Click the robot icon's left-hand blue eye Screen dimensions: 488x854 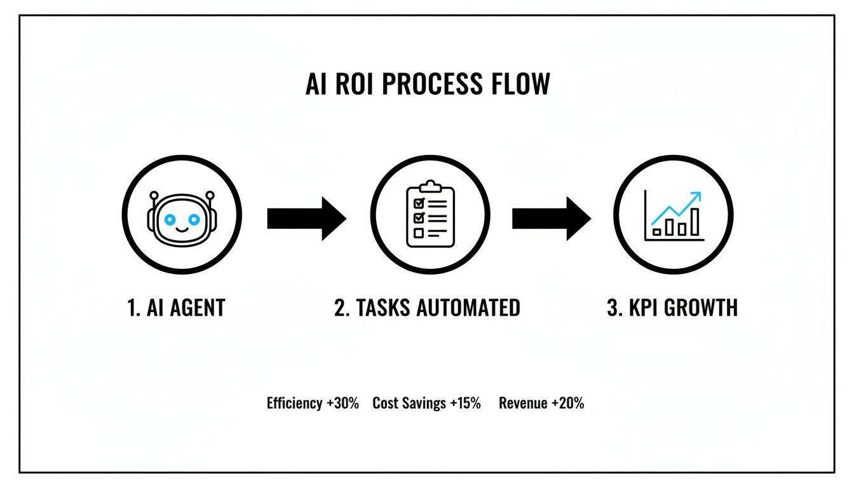[170, 219]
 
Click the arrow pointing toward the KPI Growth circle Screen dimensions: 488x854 [551, 219]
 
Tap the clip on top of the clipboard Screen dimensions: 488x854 [430, 186]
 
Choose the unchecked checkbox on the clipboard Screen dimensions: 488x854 [419, 233]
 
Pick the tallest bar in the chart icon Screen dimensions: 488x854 [695, 222]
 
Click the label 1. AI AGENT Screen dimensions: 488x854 [176, 308]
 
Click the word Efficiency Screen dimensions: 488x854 [294, 403]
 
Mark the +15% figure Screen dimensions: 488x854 [467, 403]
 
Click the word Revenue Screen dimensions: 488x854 [523, 403]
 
